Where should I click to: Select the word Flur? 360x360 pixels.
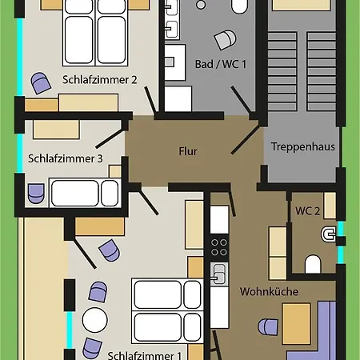pos(188,150)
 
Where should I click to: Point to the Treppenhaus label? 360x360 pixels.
pos(302,147)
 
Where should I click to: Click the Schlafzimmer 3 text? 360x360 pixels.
pos(66,158)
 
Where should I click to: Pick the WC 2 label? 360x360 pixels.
pos(309,211)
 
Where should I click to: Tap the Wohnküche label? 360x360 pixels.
pos(269,291)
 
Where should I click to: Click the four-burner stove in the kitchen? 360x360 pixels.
pos(218,242)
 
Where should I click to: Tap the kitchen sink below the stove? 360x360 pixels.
pos(218,276)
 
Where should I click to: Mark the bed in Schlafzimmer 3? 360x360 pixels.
pos(84,192)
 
